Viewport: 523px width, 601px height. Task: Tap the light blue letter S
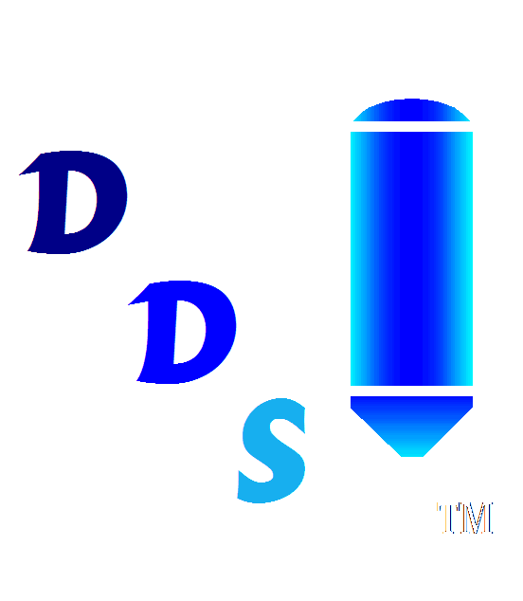pos(273,451)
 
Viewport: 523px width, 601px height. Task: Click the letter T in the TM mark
pos(448,519)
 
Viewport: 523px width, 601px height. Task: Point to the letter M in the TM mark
pos(477,519)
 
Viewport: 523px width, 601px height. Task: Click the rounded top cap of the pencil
pos(411,110)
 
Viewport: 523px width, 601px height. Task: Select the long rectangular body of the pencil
pos(411,259)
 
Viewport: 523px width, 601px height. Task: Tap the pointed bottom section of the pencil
pos(411,426)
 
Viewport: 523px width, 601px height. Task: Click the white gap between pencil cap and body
pos(411,126)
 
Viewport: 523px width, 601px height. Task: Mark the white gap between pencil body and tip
pos(411,391)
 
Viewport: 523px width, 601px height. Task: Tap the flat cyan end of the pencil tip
pos(412,455)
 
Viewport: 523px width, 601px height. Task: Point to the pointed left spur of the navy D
pos(20,174)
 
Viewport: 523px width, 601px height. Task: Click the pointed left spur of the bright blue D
pos(129,304)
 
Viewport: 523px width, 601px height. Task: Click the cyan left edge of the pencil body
pos(354,259)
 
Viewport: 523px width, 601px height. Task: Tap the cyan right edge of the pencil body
pos(469,259)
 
